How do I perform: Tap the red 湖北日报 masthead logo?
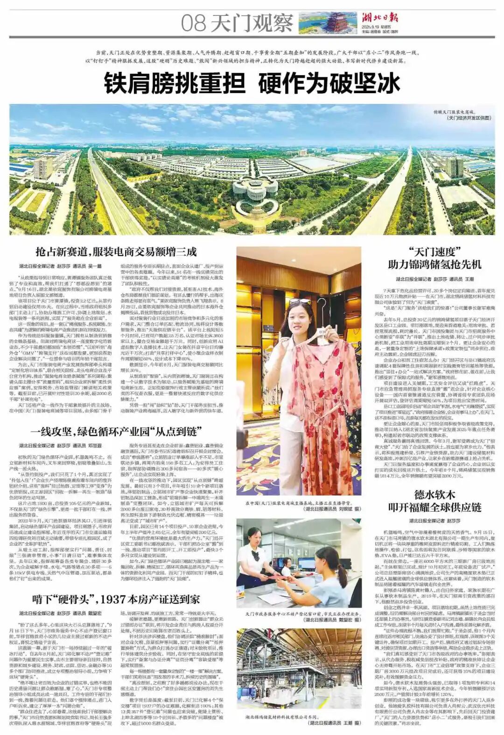coord(380,18)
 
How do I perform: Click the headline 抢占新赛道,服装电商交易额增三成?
coord(116,252)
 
